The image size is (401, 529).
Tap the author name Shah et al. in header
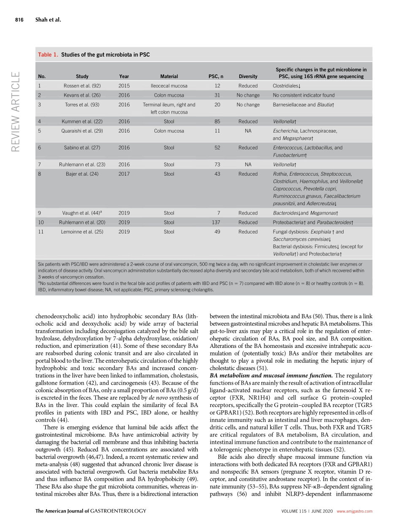pyautogui.click(x=48, y=19)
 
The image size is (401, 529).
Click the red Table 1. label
pyautogui.click(x=48, y=55)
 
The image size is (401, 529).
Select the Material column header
pyautogui.click(x=169, y=76)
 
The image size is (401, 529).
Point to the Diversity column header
pyautogui.click(x=248, y=76)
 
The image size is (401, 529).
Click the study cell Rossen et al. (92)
pyautogui.click(x=82, y=86)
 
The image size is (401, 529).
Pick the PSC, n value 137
pyautogui.click(x=217, y=222)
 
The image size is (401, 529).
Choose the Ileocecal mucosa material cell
pyautogui.click(x=169, y=86)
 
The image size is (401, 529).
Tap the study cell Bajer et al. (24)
pyautogui.click(x=82, y=174)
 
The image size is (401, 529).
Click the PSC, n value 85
pyautogui.click(x=217, y=122)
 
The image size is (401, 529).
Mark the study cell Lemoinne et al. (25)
pyautogui.click(x=82, y=232)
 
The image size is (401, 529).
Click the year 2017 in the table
pyautogui.click(x=124, y=174)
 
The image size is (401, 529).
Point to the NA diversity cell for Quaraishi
pyautogui.click(x=248, y=131)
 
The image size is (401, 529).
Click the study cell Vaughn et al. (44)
pyautogui.click(x=82, y=213)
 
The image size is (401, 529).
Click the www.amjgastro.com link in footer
pyautogui.click(x=355, y=511)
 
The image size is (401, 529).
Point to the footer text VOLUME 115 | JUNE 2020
pyautogui.click(x=307, y=511)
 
